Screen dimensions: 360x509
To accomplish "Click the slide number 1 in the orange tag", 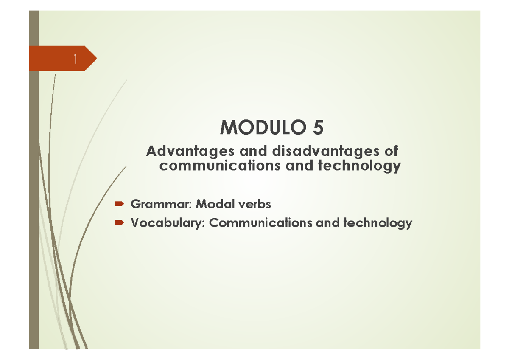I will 75,59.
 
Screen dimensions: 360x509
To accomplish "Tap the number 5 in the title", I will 318,127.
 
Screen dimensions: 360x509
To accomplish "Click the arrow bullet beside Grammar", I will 119,204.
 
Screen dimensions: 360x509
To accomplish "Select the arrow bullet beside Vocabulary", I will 119,222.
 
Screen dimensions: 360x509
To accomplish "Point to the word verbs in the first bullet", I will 255,204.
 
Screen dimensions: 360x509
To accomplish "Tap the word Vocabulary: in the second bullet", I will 168,223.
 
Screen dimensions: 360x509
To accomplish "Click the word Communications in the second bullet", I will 260,223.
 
